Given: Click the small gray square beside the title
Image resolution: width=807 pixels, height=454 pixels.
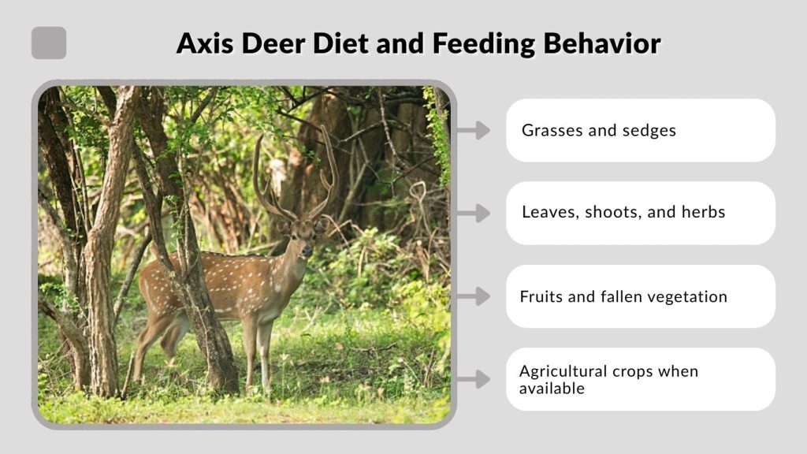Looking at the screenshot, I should click(49, 43).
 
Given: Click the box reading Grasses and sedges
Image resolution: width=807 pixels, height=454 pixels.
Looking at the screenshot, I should click(640, 130).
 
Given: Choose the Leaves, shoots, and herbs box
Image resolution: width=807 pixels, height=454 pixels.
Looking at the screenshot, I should click(640, 213).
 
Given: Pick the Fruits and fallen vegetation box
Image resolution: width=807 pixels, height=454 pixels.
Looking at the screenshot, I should click(640, 296).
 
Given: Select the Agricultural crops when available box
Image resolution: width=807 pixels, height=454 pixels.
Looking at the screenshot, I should click(640, 379).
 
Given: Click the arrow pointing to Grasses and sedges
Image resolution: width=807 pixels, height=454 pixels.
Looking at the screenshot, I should click(473, 130).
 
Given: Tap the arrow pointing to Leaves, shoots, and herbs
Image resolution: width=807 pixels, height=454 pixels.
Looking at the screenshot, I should click(473, 213).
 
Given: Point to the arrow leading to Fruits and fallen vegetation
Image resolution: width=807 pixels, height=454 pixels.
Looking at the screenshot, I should click(473, 296).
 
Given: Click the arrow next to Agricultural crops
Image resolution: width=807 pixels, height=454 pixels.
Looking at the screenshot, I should click(473, 379).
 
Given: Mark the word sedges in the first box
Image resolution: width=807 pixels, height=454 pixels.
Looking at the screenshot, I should click(649, 131).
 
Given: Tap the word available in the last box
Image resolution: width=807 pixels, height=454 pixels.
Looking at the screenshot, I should click(552, 388).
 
